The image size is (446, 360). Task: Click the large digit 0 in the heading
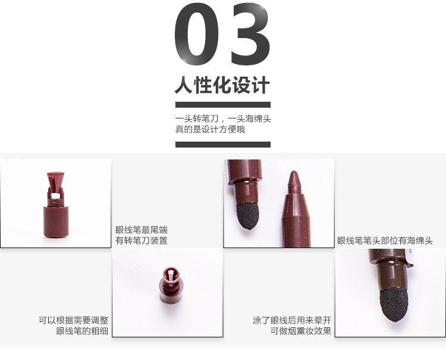(x=197, y=34)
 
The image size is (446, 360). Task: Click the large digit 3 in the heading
(x=250, y=34)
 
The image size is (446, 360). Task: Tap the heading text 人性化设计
(x=222, y=85)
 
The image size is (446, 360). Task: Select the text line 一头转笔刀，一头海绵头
(x=223, y=118)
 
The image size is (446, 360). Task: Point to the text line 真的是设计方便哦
(x=210, y=129)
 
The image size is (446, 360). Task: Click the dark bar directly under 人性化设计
(x=223, y=105)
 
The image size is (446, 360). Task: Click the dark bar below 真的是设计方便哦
(x=223, y=144)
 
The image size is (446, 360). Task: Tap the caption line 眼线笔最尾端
(x=142, y=230)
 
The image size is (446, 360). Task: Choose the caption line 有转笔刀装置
(x=142, y=240)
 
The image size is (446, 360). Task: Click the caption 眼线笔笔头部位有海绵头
(x=385, y=241)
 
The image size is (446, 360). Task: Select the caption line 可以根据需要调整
(x=73, y=320)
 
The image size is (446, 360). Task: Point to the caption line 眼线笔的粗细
(x=82, y=331)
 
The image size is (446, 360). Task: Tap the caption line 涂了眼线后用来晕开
(x=292, y=320)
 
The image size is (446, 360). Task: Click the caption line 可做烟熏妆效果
(x=301, y=331)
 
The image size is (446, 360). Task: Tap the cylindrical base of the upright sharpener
(x=56, y=222)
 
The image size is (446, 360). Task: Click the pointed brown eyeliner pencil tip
(x=294, y=183)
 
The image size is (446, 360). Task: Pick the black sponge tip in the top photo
(x=248, y=215)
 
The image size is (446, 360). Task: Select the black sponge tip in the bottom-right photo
(x=394, y=305)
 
